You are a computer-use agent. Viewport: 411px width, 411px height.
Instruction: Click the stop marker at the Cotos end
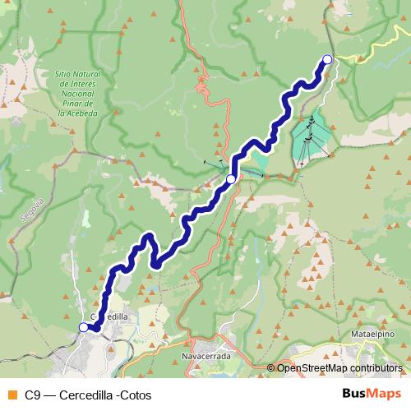327,59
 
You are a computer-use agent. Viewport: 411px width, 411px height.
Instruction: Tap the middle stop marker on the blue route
231,178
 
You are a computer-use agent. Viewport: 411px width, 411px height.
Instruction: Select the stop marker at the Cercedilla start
83,328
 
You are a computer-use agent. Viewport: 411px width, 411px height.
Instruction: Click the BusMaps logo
372,394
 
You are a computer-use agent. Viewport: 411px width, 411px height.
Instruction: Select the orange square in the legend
12,395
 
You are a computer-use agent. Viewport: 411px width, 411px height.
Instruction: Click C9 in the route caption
32,395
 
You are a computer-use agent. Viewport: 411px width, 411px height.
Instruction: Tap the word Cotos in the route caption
134,395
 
